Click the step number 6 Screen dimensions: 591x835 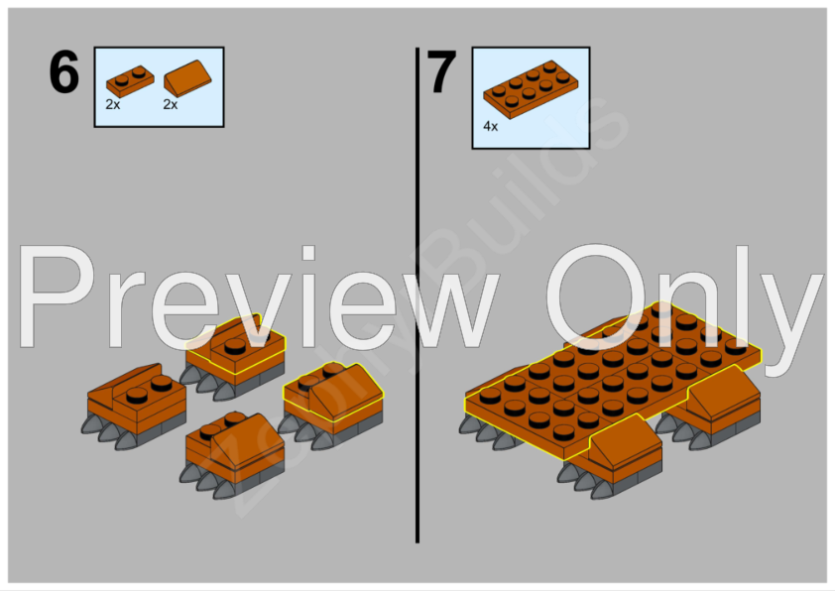click(x=63, y=73)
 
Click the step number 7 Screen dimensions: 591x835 click(x=441, y=73)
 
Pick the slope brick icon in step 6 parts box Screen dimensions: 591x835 click(x=186, y=77)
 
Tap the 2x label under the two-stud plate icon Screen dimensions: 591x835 click(x=113, y=103)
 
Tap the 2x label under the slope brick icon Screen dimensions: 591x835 click(x=170, y=103)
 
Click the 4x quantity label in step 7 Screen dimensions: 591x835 click(x=490, y=127)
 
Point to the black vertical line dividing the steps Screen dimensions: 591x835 click(x=417, y=297)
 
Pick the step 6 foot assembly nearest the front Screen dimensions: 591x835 click(x=233, y=451)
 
